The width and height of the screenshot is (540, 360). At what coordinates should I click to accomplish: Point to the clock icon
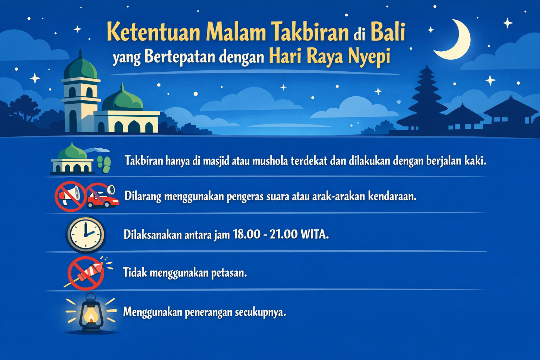85,234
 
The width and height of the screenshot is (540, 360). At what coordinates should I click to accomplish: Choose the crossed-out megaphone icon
70,196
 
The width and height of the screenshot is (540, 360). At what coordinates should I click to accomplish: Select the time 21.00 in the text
283,234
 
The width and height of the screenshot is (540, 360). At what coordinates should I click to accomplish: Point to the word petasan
229,273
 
